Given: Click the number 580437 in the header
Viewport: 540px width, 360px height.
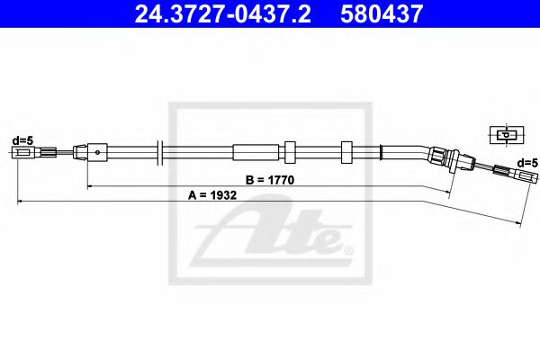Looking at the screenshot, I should click(x=389, y=14).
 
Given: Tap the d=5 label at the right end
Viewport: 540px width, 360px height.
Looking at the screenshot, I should click(x=526, y=163).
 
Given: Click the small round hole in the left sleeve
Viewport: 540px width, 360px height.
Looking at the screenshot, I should click(x=96, y=153).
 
